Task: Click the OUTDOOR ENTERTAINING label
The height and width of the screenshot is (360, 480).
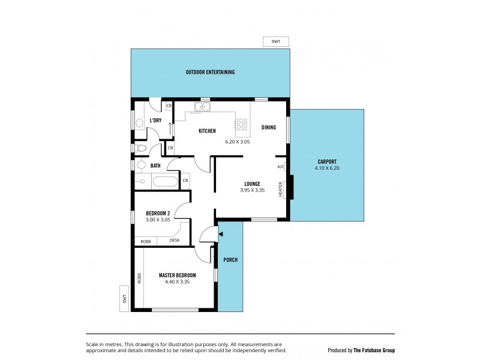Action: (210, 72)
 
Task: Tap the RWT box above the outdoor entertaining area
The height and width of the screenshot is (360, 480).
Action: (276, 41)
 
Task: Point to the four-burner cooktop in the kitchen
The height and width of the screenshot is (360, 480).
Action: (241, 125)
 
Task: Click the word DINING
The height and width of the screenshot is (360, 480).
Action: (269, 127)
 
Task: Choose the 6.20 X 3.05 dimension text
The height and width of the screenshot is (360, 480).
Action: (237, 142)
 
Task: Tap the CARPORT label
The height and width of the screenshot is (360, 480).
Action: (327, 161)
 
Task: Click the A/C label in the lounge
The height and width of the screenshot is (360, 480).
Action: (280, 167)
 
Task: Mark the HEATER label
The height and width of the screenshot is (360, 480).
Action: (280, 190)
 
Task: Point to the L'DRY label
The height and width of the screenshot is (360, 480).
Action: (155, 121)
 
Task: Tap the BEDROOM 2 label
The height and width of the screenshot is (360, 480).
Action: (158, 213)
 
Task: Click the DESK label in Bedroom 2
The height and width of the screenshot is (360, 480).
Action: (174, 241)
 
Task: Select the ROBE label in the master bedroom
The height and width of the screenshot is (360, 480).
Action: (139, 278)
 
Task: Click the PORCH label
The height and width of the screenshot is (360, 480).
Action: (230, 260)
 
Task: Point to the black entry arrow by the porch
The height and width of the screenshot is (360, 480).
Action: (221, 234)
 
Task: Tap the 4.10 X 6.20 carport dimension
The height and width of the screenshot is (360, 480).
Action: (327, 169)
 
